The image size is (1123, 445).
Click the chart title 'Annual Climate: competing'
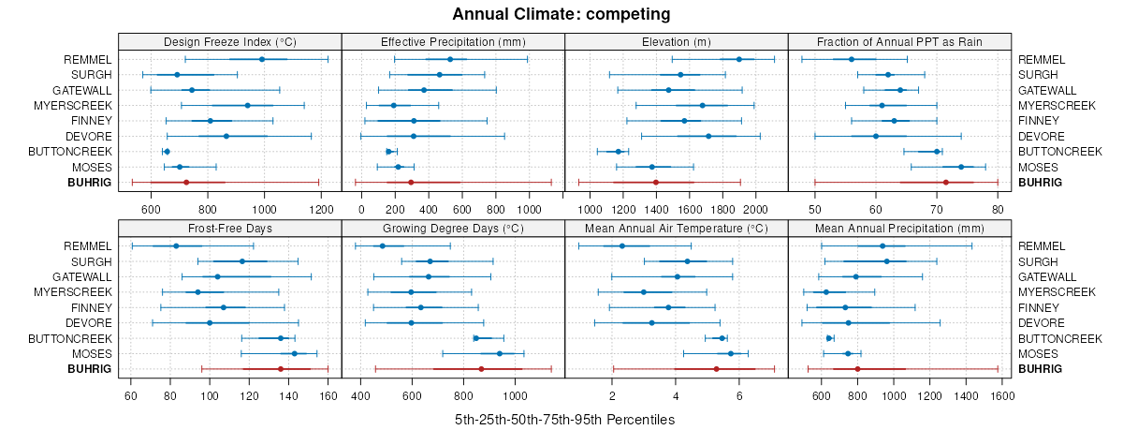561,14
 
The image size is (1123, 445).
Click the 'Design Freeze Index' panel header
229,41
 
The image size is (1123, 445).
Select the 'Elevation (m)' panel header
676,41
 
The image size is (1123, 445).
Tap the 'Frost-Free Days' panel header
229,228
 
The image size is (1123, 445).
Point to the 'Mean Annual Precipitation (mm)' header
899,228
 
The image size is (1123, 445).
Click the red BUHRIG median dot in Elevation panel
655,182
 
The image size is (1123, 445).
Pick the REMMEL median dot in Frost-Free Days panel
176,246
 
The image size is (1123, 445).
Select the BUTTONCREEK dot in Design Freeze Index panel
167,151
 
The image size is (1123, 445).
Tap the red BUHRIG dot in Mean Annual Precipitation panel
857,369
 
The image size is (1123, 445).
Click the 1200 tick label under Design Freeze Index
320,208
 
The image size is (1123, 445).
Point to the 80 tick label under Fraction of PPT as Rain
998,208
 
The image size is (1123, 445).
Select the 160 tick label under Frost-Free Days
328,395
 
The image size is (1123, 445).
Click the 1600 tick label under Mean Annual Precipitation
1001,395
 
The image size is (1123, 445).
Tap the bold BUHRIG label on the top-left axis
90,182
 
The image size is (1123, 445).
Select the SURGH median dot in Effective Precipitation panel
439,75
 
